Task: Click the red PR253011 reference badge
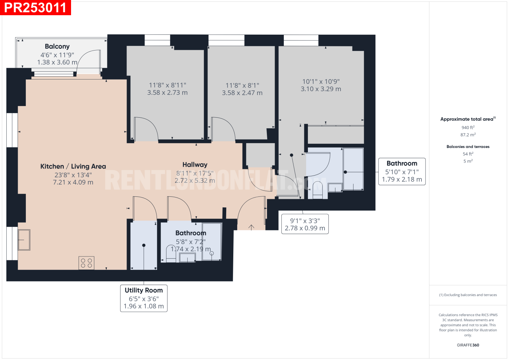pos(35,7)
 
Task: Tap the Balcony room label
pos(57,46)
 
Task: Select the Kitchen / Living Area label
pos(73,166)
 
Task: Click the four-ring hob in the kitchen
pos(86,263)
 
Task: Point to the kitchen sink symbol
pos(24,240)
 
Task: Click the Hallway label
pos(195,165)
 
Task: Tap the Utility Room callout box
pos(144,298)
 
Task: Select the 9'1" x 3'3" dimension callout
pos(305,224)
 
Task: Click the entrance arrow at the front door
pos(251,228)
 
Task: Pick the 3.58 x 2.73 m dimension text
pos(168,93)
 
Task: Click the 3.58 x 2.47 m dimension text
pos(242,93)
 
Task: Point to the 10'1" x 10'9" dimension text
pos(321,82)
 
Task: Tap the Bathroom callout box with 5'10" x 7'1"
pos(402,171)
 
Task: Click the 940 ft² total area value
pos(468,128)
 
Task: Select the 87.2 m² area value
pos(468,135)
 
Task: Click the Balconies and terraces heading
pos(468,147)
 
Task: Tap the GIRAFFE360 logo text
pos(468,345)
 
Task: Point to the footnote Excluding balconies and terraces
pos(468,295)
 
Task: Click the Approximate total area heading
pos(468,119)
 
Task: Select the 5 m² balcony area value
pos(468,161)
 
